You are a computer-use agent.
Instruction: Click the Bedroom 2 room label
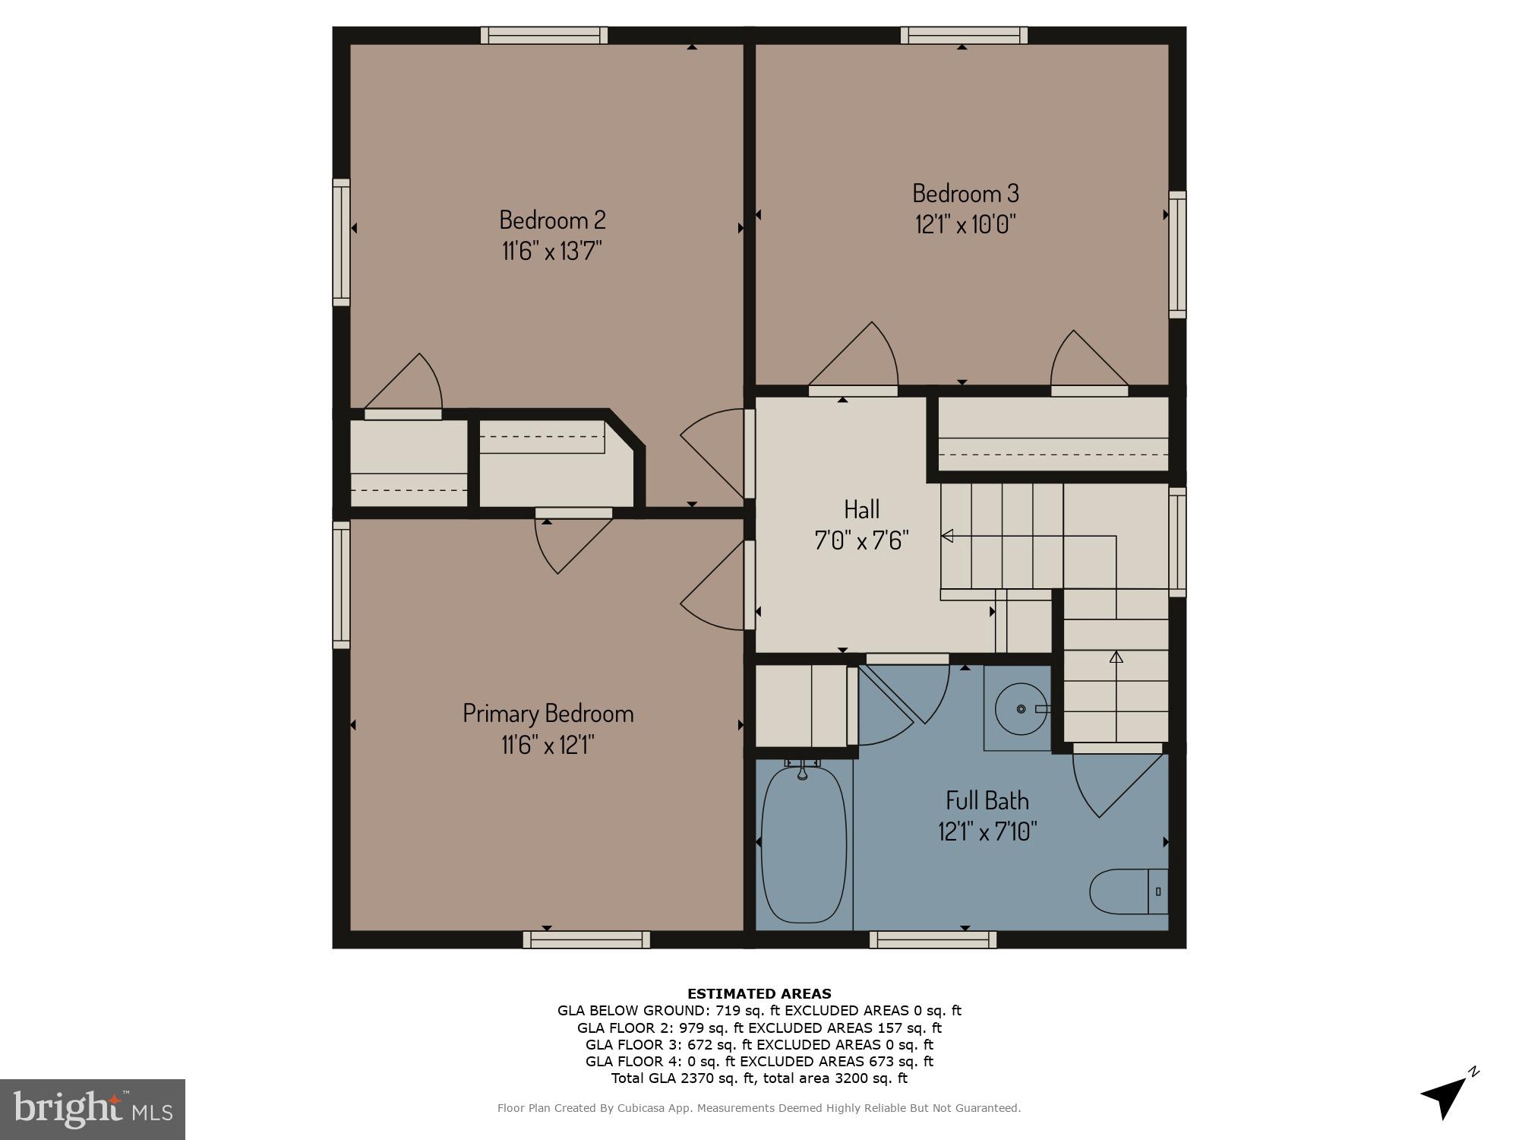552,220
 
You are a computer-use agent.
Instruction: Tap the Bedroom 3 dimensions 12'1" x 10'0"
965,225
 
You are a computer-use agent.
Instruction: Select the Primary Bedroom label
548,713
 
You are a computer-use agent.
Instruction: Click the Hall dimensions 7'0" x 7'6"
861,540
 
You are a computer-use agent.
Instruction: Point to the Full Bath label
987,800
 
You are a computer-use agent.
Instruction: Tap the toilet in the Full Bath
1127,891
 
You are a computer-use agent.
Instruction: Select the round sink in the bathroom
1021,708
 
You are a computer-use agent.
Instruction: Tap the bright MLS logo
93,1110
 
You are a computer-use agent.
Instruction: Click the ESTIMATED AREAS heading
759,993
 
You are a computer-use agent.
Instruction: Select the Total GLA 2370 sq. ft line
759,1078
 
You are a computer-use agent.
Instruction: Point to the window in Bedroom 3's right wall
1176,255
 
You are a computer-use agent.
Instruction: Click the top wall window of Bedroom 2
544,35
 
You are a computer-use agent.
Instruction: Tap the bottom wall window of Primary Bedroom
586,939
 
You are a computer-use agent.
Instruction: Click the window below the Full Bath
933,939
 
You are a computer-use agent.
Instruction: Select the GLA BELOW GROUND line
759,1010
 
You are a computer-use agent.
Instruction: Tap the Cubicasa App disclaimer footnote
759,1108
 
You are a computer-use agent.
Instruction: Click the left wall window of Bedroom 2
342,242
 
